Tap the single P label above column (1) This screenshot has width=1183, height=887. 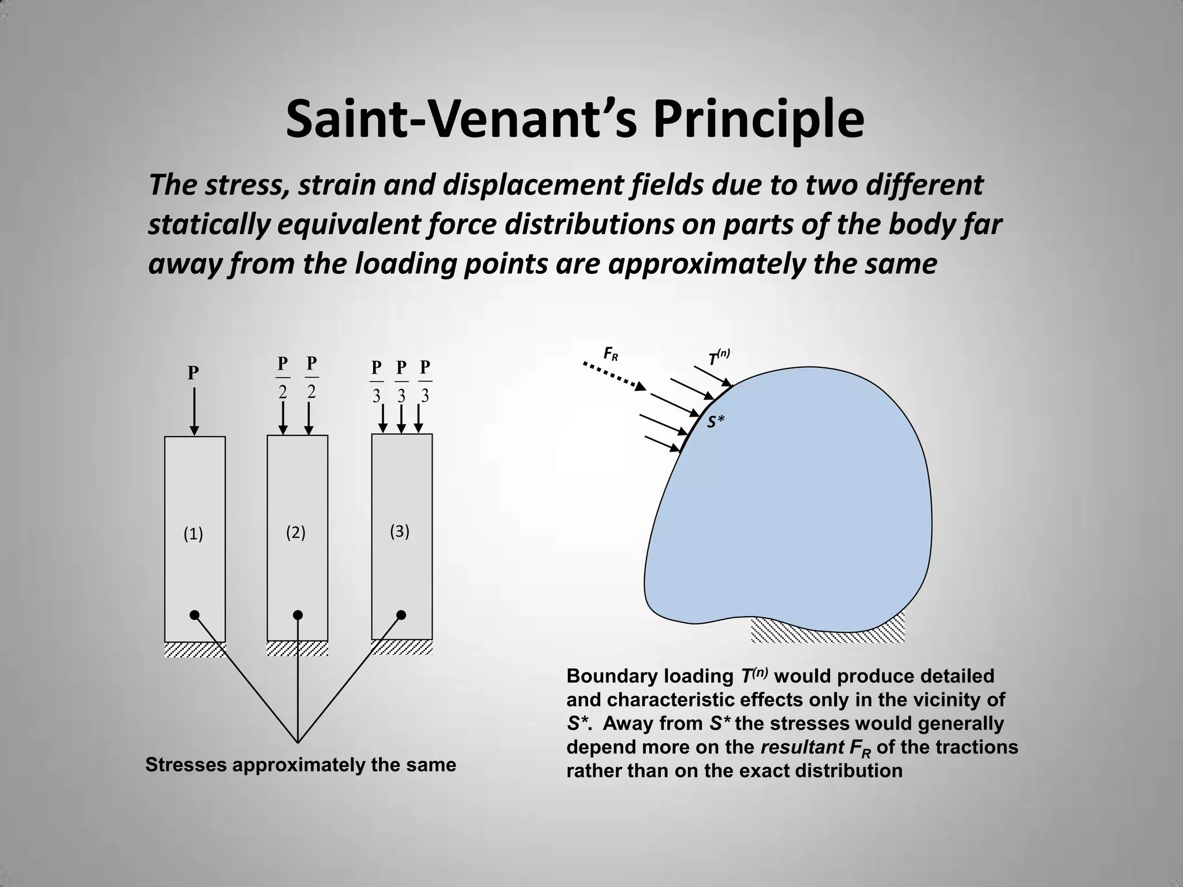[193, 373]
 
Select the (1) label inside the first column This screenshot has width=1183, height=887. [193, 534]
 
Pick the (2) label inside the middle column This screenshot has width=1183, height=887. [296, 532]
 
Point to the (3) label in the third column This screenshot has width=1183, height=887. [400, 531]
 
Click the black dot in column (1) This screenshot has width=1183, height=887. [195, 614]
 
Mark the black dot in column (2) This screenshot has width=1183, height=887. [297, 614]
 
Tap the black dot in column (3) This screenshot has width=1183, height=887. [401, 614]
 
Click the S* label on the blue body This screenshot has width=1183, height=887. [716, 422]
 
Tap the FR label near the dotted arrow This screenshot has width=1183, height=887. [611, 353]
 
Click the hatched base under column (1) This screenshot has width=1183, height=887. [195, 649]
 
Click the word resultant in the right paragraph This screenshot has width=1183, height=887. [802, 747]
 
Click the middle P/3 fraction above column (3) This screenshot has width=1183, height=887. [401, 382]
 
